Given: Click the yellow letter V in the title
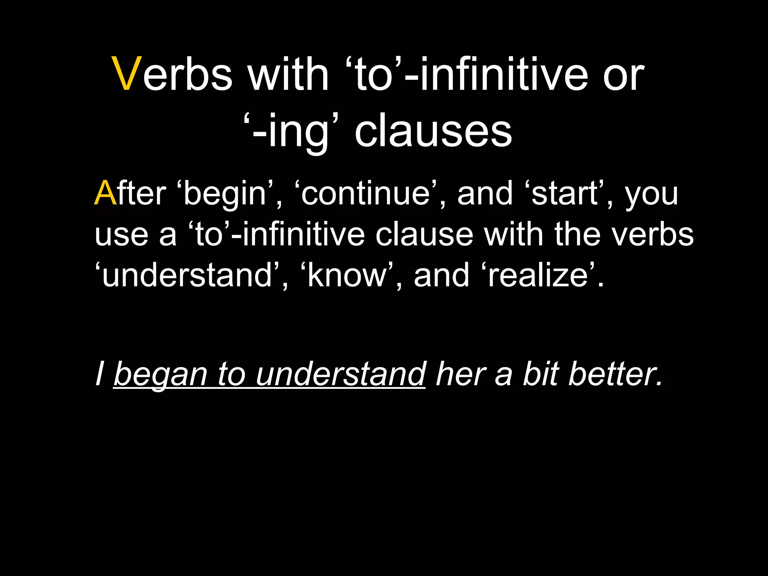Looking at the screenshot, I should [127, 73].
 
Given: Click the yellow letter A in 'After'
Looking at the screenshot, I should [105, 193].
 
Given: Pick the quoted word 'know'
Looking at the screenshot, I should [347, 275].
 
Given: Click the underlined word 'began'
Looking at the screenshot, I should [160, 374].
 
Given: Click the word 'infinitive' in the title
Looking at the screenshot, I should [503, 73].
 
